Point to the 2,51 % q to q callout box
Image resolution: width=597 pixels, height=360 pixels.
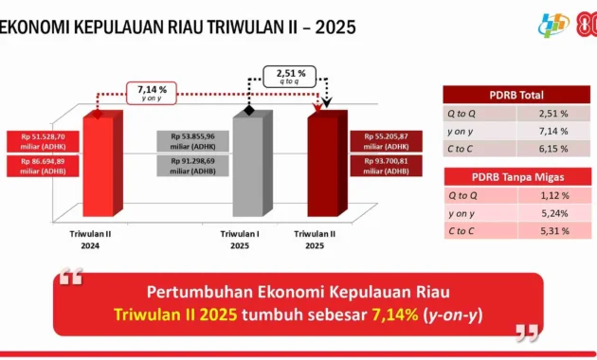[290, 77]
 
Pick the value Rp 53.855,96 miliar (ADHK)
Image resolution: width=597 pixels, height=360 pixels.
[193, 140]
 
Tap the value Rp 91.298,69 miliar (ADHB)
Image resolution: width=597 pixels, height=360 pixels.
[193, 167]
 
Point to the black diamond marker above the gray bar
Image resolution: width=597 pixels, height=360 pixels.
[249, 111]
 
